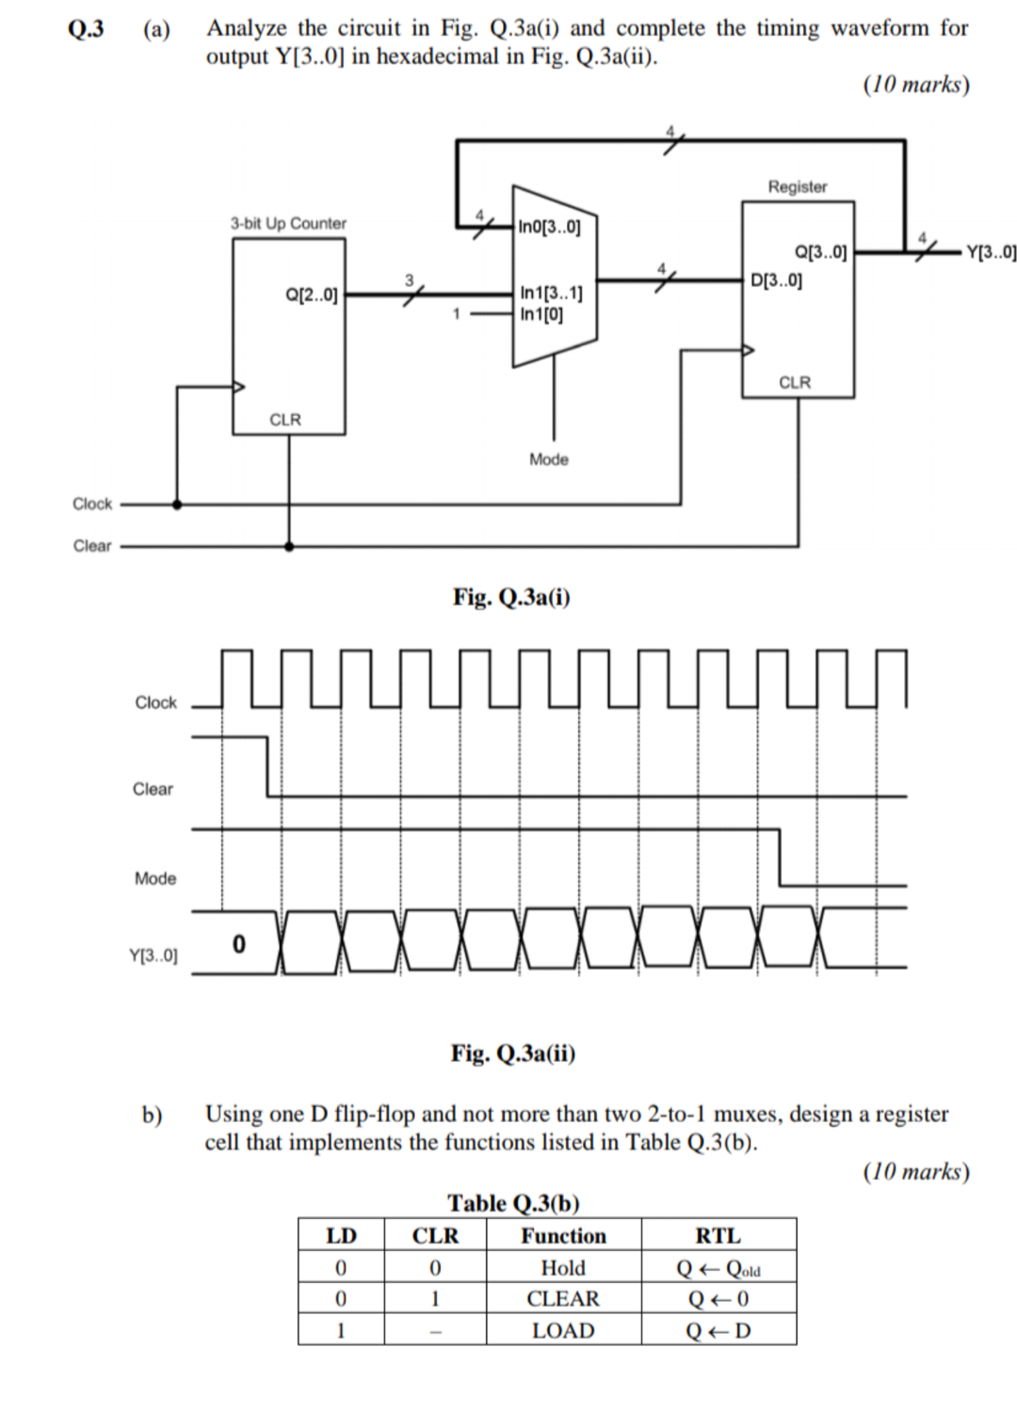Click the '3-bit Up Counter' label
coord(288,223)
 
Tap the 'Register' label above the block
coord(797,186)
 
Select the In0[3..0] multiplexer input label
coord(550,227)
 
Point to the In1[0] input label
coord(541,314)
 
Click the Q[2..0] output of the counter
coord(311,295)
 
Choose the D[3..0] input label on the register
coord(777,280)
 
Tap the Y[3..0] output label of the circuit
coord(991,252)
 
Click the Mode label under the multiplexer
coord(549,459)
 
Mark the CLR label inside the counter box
coord(285,419)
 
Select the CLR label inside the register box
coord(795,382)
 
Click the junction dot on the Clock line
coord(177,504)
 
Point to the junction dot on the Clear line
coord(289,545)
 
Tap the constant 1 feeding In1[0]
coord(457,314)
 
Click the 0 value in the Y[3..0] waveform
coord(238,942)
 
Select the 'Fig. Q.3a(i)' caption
coord(511,597)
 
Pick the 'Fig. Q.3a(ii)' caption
coord(513,1052)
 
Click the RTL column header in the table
coord(718,1236)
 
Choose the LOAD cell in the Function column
coord(563,1330)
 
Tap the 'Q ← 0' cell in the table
coord(718,1299)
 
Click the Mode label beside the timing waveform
coord(155,878)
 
